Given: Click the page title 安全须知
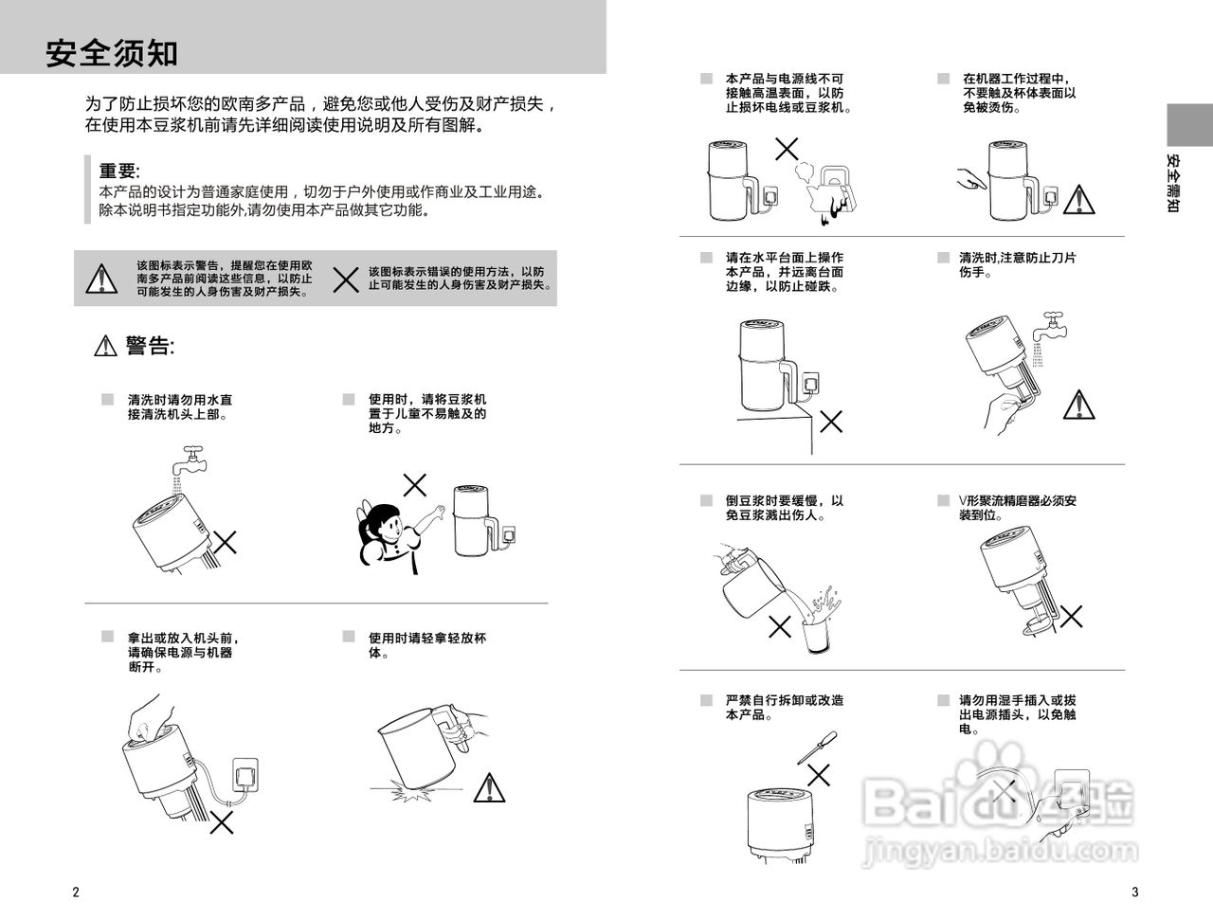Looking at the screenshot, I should pyautogui.click(x=112, y=54).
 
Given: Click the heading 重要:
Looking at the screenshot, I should pyautogui.click(x=119, y=171).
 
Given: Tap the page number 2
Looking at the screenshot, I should pyautogui.click(x=76, y=892).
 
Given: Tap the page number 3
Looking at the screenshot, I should pyautogui.click(x=1134, y=892).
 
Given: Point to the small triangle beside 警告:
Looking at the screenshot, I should pyautogui.click(x=105, y=347).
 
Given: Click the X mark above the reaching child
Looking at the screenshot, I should pyautogui.click(x=415, y=486).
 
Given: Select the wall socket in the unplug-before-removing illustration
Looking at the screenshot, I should pyautogui.click(x=246, y=771).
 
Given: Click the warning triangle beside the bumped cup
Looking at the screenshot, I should pyautogui.click(x=489, y=786).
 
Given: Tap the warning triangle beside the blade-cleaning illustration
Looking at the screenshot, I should pyautogui.click(x=1079, y=404).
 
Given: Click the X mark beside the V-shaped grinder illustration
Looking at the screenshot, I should pyautogui.click(x=1072, y=617).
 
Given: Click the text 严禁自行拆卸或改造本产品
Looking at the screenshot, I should pyautogui.click(x=784, y=707).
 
